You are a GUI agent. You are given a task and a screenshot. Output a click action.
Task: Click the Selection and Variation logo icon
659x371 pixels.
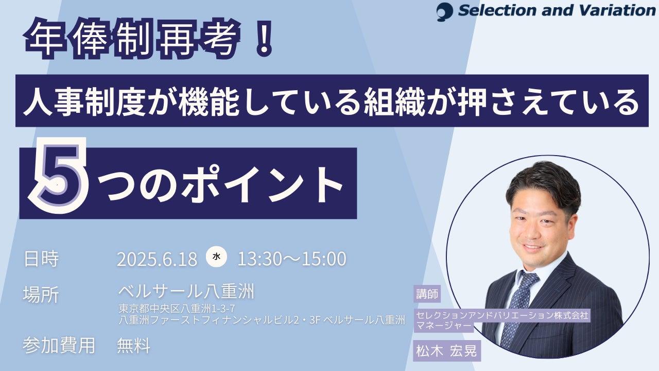pos(444,12)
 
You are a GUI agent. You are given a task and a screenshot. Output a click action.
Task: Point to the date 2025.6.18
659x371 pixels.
pos(157,259)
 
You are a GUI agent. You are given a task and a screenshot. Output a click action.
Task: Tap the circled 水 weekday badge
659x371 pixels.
pos(216,257)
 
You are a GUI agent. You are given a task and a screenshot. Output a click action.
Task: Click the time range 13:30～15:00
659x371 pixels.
pos(292,259)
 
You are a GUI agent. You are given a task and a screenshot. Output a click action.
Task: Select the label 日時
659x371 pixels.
pos(41,259)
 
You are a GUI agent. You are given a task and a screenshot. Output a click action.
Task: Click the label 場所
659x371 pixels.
pos(41,294)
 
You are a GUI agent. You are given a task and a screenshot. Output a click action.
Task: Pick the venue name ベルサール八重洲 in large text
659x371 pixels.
pos(186,292)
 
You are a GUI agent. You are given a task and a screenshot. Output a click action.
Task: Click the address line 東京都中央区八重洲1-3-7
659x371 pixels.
pos(177,309)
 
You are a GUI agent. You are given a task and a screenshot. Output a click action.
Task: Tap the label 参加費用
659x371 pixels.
pos(59,345)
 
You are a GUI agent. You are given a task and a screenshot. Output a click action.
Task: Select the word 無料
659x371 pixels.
pos(134,345)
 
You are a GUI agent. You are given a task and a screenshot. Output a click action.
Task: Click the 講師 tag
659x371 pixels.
pos(427,294)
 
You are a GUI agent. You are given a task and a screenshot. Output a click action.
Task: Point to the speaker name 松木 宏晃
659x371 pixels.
pos(446,351)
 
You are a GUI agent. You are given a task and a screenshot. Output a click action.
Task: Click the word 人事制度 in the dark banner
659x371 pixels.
pos(84,101)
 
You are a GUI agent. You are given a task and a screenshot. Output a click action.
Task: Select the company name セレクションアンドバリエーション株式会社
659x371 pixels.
pos(502,315)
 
